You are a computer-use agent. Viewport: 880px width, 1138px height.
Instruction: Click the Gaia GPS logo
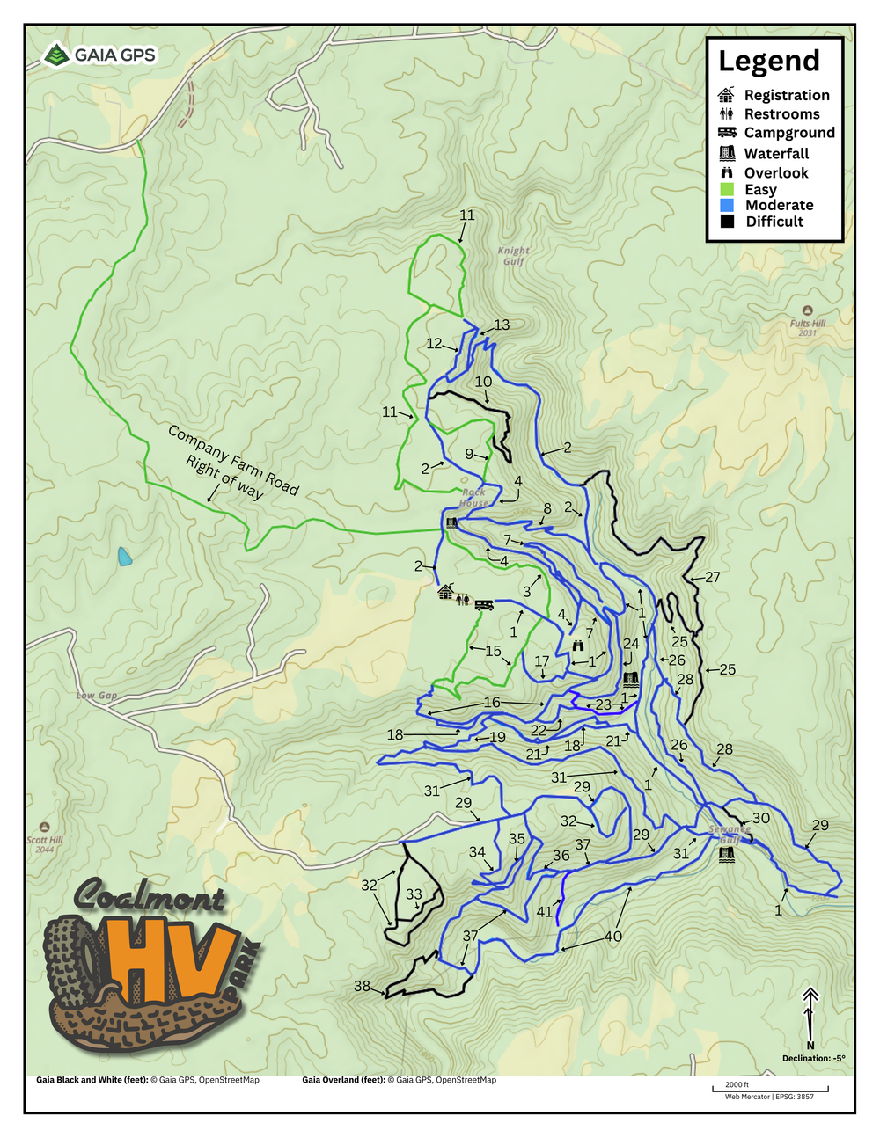[99, 55]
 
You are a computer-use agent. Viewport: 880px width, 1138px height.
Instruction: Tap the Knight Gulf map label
[513, 256]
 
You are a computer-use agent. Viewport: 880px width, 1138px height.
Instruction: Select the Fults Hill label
[807, 327]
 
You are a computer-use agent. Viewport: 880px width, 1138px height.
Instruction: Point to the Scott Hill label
[44, 843]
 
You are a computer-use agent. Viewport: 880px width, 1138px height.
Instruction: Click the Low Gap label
[96, 696]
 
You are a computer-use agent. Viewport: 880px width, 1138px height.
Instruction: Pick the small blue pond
[125, 556]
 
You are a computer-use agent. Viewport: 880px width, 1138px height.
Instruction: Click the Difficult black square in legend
[727, 222]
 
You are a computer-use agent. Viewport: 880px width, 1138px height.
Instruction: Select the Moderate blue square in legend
[727, 205]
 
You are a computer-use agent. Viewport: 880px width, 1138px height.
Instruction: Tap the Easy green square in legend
[727, 189]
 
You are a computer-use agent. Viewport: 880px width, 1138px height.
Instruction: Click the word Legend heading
[768, 62]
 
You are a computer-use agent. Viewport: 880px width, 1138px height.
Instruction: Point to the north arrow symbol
[810, 1011]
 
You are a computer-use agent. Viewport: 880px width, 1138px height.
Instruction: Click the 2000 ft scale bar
[770, 1090]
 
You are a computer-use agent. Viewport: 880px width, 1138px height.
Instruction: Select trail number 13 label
[502, 325]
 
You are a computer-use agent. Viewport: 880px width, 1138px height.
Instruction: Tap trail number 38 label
[362, 986]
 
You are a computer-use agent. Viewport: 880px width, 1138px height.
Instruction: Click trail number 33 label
[414, 894]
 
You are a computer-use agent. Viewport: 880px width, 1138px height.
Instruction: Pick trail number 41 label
[545, 912]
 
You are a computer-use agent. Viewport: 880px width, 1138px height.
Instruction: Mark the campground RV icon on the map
[483, 604]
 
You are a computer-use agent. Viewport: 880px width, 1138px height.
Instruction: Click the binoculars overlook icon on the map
[577, 646]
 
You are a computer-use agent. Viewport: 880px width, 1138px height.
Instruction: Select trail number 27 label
[713, 577]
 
